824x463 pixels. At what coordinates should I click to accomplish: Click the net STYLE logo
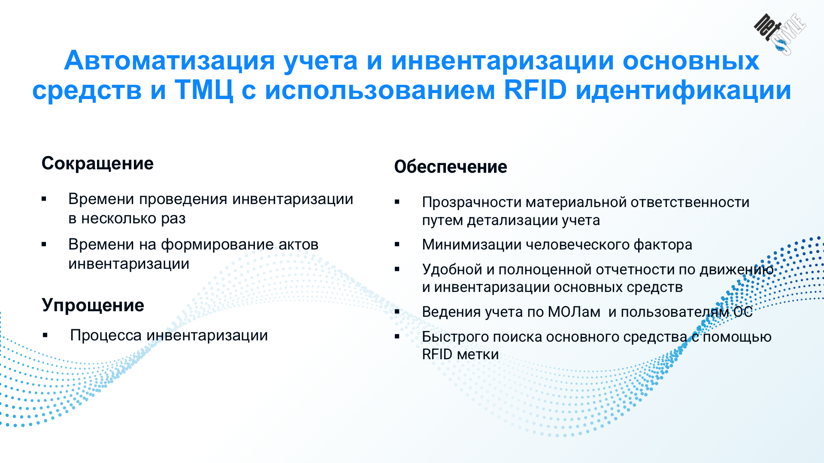[x=780, y=34]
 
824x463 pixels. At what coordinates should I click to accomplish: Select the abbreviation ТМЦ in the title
[x=204, y=91]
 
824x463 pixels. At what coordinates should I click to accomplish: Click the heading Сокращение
[x=97, y=164]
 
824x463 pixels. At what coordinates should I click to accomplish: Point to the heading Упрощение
[x=93, y=306]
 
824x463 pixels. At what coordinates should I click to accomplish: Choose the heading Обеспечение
[x=451, y=167]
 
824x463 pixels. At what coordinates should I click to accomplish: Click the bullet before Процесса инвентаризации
[x=45, y=335]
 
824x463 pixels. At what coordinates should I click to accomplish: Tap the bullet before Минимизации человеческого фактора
[x=397, y=244]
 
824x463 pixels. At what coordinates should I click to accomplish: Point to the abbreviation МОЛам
[x=574, y=312]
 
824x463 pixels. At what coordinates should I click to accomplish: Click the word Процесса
[x=106, y=336]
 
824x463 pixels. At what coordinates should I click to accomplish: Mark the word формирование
[x=217, y=245]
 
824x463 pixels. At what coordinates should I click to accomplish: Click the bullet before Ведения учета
[x=397, y=312]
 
